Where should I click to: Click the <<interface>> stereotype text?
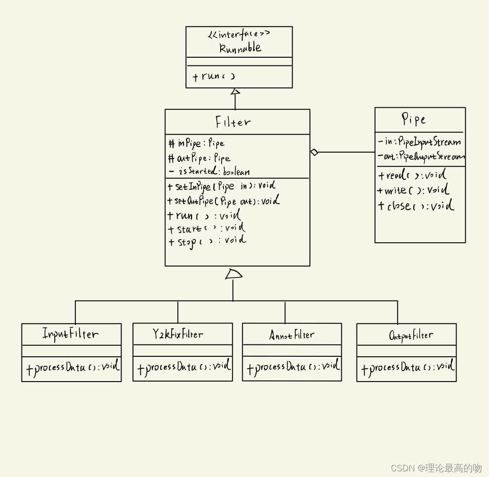239,34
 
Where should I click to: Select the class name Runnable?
240,48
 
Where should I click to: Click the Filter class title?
233,123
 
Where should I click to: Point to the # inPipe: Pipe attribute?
196,143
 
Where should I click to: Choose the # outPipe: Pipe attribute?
199,158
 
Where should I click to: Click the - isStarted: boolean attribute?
209,171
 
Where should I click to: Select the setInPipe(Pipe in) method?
222,186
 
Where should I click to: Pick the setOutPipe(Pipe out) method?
224,201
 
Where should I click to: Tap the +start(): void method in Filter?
206,229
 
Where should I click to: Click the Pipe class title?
413,119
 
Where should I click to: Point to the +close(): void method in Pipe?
416,206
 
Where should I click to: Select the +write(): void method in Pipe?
413,190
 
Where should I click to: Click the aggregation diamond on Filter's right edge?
314,152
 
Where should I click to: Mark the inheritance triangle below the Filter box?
234,274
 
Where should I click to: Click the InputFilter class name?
71,334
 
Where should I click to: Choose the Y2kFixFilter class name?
178,334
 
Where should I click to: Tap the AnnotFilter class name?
292,335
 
